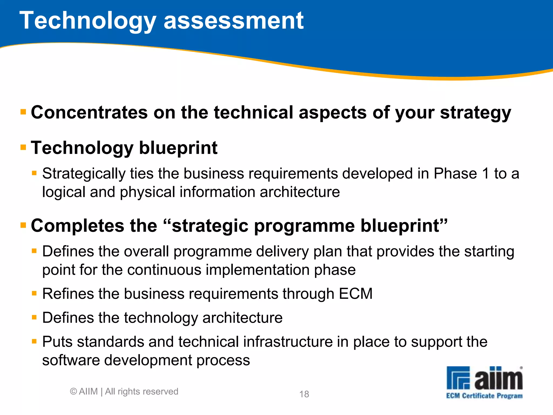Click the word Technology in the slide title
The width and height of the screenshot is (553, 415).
click(x=88, y=21)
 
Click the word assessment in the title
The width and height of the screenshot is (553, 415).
click(x=234, y=21)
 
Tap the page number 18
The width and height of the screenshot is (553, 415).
click(x=304, y=394)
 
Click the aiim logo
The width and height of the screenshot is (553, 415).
click(x=484, y=378)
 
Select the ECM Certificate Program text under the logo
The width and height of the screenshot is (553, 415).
click(x=484, y=396)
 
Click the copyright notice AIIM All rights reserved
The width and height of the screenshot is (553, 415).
click(x=124, y=391)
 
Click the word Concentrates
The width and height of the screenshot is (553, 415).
click(x=89, y=112)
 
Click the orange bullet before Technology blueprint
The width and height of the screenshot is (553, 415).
click(x=23, y=148)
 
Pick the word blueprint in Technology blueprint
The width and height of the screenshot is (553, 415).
click(x=178, y=148)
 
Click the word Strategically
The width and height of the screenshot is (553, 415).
click(x=84, y=174)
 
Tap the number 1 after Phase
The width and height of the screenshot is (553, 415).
click(x=485, y=173)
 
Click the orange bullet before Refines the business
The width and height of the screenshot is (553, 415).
click(x=34, y=293)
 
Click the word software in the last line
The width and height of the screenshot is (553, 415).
click(x=71, y=360)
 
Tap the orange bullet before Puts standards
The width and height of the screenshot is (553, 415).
click(x=34, y=342)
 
